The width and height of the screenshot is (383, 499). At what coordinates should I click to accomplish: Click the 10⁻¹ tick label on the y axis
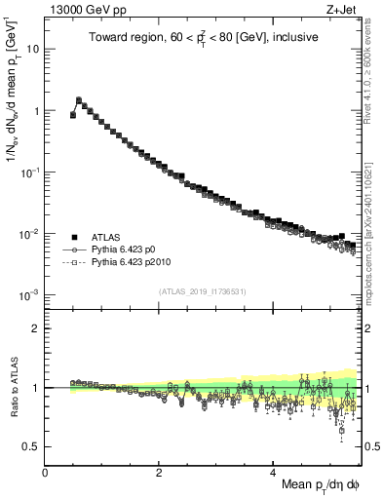(x=29, y=173)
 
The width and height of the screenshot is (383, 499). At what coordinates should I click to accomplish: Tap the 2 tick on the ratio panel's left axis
(x=35, y=328)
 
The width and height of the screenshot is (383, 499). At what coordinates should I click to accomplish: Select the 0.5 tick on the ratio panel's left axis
(x=31, y=446)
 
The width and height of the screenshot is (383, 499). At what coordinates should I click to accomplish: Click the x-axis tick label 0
(x=45, y=472)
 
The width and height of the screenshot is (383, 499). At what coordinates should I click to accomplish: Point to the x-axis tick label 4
(x=274, y=472)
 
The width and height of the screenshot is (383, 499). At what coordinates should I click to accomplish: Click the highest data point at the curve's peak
(x=79, y=99)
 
